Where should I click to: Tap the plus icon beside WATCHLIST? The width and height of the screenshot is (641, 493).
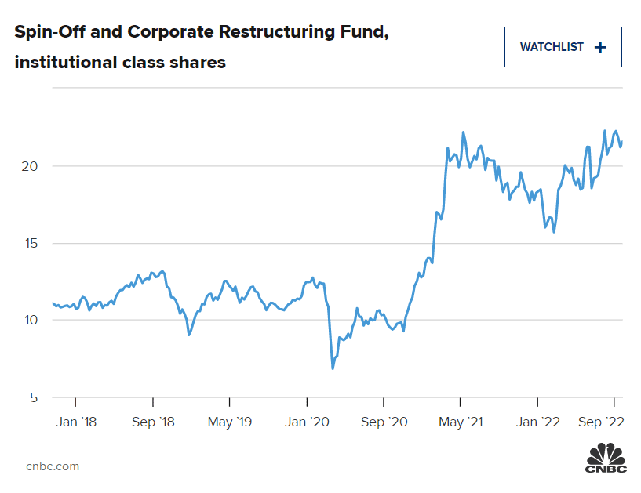(x=601, y=47)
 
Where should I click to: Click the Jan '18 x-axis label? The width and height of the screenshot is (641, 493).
(x=78, y=422)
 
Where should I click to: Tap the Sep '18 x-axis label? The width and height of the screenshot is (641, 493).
(x=154, y=422)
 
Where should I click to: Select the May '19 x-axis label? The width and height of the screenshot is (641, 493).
(x=231, y=422)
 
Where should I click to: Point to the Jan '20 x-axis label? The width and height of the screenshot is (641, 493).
(x=308, y=422)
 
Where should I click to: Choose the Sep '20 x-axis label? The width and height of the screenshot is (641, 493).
(x=384, y=422)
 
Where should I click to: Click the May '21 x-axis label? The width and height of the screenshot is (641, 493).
(x=461, y=422)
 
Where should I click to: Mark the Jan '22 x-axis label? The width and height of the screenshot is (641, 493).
(x=538, y=422)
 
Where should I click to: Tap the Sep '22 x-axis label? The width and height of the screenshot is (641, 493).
(x=601, y=422)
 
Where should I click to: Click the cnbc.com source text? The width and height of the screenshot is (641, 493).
(x=53, y=466)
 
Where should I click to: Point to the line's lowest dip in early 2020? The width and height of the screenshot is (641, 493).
(x=333, y=368)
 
